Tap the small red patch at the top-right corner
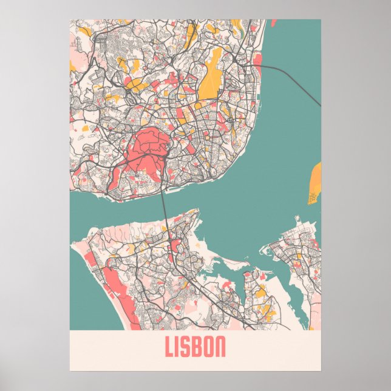tap(272, 24)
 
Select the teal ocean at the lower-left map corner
tap(82, 310)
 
